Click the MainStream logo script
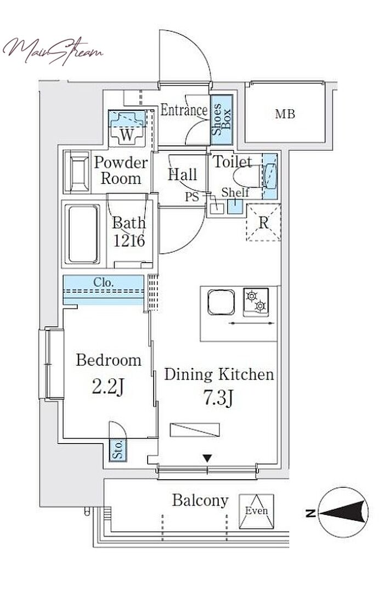[x=53, y=51]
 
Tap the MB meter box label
[x=285, y=113]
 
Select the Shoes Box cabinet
[x=222, y=120]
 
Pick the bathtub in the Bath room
[x=82, y=234]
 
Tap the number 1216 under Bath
[x=129, y=241]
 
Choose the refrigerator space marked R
[x=263, y=223]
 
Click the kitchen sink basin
[x=221, y=302]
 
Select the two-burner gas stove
[x=256, y=302]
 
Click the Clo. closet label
[x=103, y=282]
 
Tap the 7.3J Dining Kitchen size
[x=218, y=398]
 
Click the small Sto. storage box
[x=118, y=450]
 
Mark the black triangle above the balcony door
[x=207, y=458]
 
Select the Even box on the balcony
[x=257, y=511]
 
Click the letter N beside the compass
[x=311, y=513]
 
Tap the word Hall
[x=183, y=174]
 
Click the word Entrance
[x=184, y=110]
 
